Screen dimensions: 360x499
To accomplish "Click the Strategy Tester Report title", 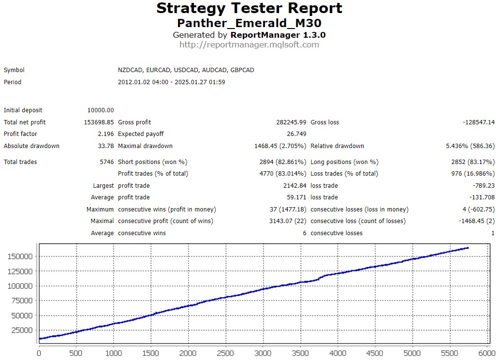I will click(249, 9).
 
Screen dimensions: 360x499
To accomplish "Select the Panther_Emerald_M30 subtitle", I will click(249, 23).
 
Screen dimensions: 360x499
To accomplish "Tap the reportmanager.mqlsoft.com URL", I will click(249, 45).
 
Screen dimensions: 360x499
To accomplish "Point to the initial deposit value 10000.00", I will click(101, 110).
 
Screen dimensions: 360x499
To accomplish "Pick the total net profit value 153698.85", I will click(99, 122).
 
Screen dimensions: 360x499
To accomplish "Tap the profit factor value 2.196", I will click(105, 134).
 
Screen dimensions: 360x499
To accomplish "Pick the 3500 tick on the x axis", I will click(300, 354).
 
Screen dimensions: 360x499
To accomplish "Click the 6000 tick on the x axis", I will click(486, 354).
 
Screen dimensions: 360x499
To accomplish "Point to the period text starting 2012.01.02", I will click(171, 82).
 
